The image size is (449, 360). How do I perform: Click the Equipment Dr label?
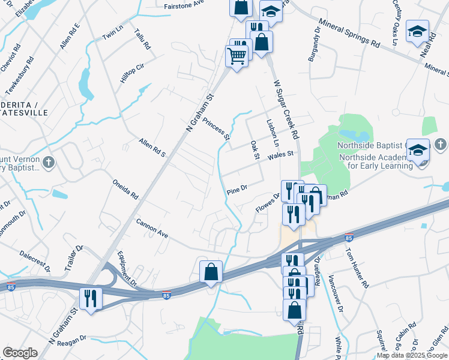tap(127, 268)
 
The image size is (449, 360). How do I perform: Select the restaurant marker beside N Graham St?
tap(91, 298)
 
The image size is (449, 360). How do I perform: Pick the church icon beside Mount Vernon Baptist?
tap(49, 162)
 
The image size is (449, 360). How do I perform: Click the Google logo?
tap(20, 353)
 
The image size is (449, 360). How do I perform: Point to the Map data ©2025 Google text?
tap(412, 355)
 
